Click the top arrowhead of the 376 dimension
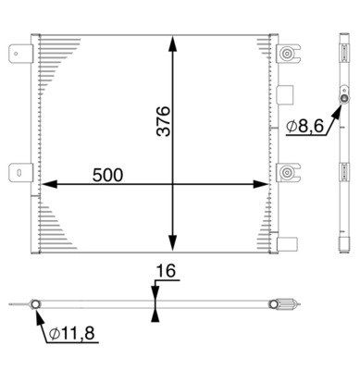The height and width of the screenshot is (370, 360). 172,41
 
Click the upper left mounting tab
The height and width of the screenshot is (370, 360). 17,55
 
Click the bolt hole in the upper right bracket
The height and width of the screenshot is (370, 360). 287,55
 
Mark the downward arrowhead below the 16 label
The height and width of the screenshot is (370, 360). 154,293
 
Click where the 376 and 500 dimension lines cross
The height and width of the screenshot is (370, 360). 172,184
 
